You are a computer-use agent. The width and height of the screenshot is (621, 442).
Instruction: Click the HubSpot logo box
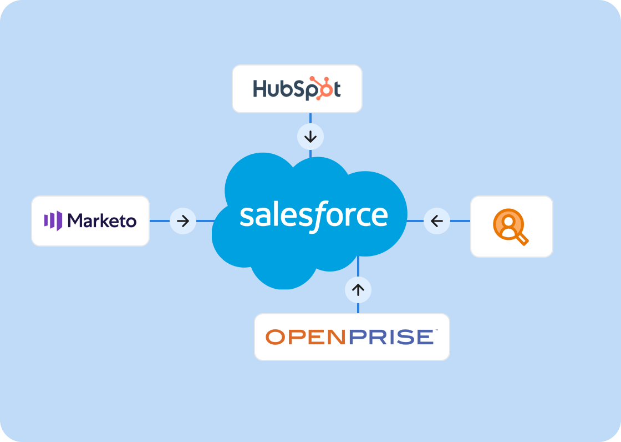tap(297, 89)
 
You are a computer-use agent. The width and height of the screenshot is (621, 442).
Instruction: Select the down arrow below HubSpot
tap(310, 137)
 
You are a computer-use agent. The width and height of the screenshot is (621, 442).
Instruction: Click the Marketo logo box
tap(90, 221)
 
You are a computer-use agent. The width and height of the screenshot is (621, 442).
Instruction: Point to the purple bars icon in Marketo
tap(53, 220)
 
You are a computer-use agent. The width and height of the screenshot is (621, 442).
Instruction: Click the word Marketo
tap(101, 221)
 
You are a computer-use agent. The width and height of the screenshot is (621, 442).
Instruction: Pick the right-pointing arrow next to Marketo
tap(183, 221)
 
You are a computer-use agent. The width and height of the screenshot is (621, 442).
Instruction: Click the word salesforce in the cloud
tap(313, 215)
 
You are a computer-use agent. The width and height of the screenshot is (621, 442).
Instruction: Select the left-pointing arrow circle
tap(437, 221)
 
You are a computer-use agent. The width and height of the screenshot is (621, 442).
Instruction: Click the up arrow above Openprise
tap(358, 289)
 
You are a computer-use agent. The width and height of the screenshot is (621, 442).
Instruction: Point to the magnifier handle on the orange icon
tap(522, 239)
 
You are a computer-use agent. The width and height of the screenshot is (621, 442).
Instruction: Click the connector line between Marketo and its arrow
tap(160, 221)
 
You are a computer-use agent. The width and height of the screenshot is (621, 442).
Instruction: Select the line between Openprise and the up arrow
tap(358, 308)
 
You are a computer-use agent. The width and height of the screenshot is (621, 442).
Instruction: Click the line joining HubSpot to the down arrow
tap(310, 118)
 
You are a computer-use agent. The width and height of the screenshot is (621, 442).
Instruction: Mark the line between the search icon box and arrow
tap(460, 221)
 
